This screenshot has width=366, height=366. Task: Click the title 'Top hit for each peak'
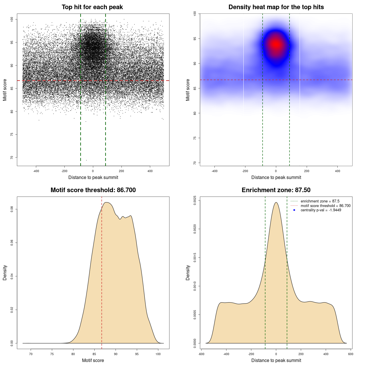pyautogui.click(x=92, y=7)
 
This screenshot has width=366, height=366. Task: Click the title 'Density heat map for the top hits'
pyautogui.click(x=276, y=7)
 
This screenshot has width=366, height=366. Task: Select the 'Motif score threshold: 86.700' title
pyautogui.click(x=93, y=190)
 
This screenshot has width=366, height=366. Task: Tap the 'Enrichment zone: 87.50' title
pyautogui.click(x=276, y=190)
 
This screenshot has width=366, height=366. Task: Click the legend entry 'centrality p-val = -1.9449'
pyautogui.click(x=321, y=210)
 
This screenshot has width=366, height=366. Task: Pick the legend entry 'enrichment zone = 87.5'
pyautogui.click(x=320, y=201)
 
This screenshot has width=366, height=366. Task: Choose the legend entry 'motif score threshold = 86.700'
pyautogui.click(x=325, y=206)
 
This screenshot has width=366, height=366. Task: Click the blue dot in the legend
pyautogui.click(x=294, y=210)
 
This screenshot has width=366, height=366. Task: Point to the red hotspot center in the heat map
pyautogui.click(x=276, y=44)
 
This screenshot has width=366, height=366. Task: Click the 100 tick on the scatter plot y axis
pyautogui.click(x=12, y=19)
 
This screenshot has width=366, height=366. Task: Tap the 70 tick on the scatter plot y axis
pyautogui.click(x=12, y=158)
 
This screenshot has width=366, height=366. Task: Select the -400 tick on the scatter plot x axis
pyautogui.click(x=36, y=171)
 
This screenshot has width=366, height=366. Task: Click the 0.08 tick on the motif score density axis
pyautogui.click(x=12, y=209)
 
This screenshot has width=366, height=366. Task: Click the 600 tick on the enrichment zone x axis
pyautogui.click(x=351, y=354)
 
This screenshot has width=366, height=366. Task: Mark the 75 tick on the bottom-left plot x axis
pyautogui.click(x=52, y=354)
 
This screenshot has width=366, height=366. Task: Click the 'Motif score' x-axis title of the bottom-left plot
pyautogui.click(x=93, y=360)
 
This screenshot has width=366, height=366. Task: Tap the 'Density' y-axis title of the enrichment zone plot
pyautogui.click(x=188, y=272)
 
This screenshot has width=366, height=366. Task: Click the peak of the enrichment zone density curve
pyautogui.click(x=276, y=202)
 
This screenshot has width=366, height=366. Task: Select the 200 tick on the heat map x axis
pyautogui.click(x=307, y=171)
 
